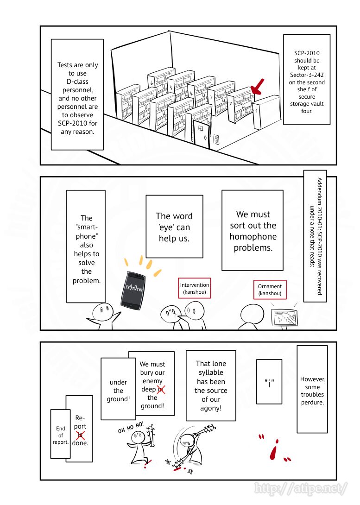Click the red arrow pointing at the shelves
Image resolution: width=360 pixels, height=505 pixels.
257,87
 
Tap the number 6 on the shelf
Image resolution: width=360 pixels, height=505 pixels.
152,83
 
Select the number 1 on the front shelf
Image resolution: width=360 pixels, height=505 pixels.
256,111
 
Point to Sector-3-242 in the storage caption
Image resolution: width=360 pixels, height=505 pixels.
306,75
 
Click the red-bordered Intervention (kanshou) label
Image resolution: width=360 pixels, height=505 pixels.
195,288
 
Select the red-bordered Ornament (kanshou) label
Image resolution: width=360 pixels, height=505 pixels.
270,290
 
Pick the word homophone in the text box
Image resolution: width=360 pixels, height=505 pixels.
253,237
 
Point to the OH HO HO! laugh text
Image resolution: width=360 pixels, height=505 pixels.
131,427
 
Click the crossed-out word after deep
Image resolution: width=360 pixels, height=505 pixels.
161,390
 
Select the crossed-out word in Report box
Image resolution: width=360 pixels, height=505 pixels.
80,435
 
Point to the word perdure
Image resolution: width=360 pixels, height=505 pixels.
312,402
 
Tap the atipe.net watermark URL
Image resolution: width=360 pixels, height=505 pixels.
301,488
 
